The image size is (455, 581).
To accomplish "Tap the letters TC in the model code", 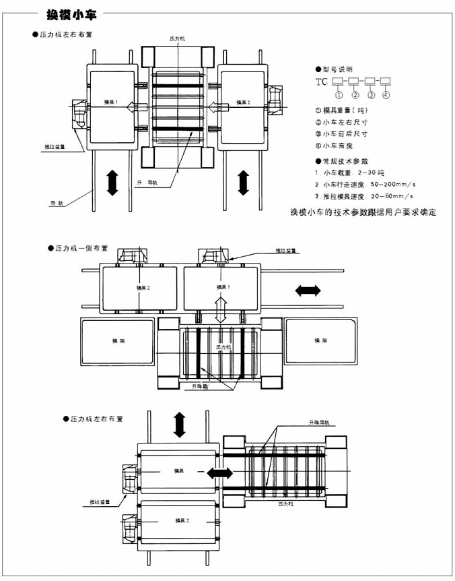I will click(321, 82).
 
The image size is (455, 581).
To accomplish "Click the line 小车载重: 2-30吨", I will click(353, 173).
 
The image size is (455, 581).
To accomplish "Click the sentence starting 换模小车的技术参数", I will click(363, 212).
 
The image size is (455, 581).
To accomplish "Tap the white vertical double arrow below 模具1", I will click(219, 307).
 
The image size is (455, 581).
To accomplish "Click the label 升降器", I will click(200, 386).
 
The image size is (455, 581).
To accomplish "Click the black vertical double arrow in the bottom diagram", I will click(179, 424).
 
